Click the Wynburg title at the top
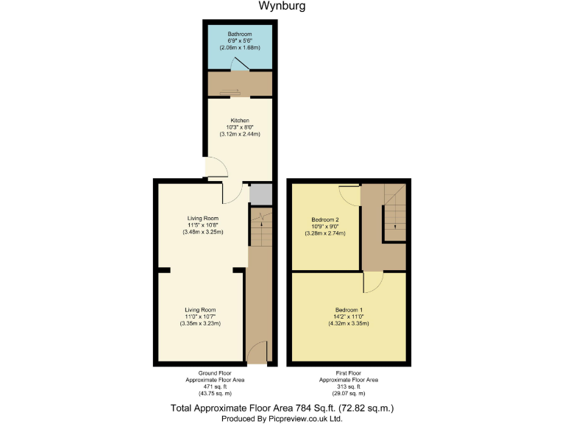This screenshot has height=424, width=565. tap(282, 7)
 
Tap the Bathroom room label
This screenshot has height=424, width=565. tap(239, 34)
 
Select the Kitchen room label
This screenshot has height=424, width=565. tap(240, 120)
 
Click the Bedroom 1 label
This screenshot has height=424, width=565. tap(348, 308)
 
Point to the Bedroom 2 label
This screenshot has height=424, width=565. tap(324, 219)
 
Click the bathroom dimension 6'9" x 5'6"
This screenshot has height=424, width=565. tap(239, 40)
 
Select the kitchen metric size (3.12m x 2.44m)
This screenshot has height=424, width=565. tap(240, 134)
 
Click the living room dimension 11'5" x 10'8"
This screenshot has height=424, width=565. tap(202, 225)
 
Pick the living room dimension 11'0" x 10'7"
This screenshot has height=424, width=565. tap(201, 317)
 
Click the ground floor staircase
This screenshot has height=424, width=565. tap(260, 227)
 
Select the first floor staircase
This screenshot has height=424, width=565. tap(394, 211)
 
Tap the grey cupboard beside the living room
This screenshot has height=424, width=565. tap(260, 194)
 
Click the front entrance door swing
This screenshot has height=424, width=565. tap(256, 353)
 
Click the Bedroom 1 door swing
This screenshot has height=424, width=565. tap(372, 281)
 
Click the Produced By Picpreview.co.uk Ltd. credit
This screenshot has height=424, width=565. tap(282, 417)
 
